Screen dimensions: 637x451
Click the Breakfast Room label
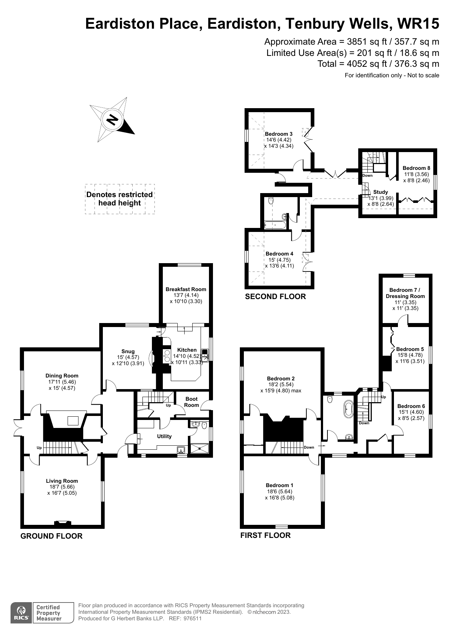coord(186,289)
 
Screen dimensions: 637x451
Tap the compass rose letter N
coord(113,119)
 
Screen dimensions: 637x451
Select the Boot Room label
coord(192,402)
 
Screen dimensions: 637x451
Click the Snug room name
coord(128,351)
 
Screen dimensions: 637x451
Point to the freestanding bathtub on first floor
coord(349,409)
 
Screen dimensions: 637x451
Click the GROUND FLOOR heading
coord(51,536)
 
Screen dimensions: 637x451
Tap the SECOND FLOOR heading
coord(275,297)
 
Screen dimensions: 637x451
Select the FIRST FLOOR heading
coord(265,535)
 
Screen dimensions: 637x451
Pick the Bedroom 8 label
coord(416,168)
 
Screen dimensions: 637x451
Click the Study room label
coord(380,192)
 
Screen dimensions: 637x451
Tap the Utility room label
coord(164,436)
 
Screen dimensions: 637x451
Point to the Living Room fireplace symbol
coord(63,523)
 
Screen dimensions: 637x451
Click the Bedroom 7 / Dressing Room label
coord(405,293)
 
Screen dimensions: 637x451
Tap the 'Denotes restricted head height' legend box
coord(120,199)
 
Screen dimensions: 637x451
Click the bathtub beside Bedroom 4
coord(275,225)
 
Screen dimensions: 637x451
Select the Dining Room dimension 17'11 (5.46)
coord(62,382)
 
